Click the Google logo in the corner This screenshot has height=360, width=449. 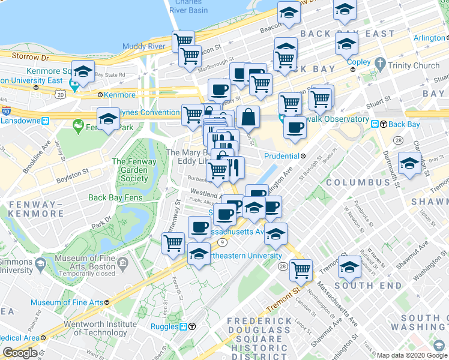(x=20, y=353)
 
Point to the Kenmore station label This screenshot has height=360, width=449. (x=119, y=95)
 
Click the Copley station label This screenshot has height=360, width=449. (x=358, y=62)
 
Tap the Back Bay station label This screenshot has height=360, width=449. (x=403, y=124)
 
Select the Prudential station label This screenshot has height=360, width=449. (x=282, y=156)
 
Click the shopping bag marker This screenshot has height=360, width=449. (x=248, y=116)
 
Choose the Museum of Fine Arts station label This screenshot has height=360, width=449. (x=67, y=302)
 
